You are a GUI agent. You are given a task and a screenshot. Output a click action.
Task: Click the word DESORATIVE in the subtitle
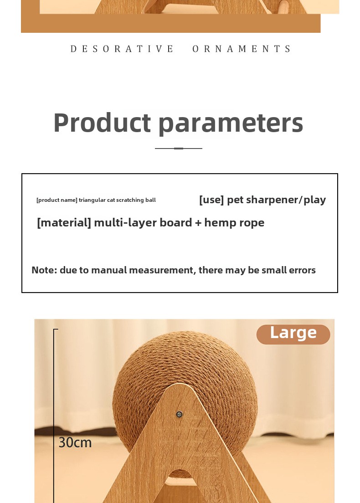(x=122, y=49)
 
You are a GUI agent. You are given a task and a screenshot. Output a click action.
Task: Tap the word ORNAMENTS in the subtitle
(x=242, y=49)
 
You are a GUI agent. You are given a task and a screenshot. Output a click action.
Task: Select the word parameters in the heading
(x=231, y=123)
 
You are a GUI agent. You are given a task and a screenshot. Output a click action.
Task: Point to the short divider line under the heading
(x=178, y=148)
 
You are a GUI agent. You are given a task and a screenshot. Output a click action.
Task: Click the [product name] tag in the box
(x=57, y=200)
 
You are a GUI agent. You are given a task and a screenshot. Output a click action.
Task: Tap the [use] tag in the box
(x=211, y=200)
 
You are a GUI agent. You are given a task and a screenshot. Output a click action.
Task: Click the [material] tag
(x=64, y=222)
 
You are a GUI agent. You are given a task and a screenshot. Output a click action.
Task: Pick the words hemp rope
(x=234, y=223)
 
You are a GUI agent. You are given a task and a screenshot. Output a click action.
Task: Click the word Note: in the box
(x=44, y=270)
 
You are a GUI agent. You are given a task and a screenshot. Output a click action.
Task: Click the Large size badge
(x=293, y=334)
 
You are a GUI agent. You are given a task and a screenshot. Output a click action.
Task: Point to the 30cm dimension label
(x=75, y=443)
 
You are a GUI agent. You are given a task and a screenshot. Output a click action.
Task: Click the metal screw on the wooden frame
(x=180, y=414)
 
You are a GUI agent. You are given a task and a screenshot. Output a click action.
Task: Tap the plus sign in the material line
(x=198, y=223)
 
